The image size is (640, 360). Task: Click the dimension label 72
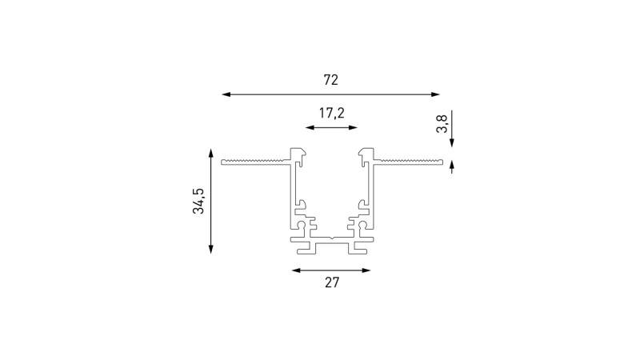[331, 80]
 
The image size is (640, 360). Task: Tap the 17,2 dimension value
[331, 113]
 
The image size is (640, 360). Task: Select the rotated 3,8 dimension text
[442, 124]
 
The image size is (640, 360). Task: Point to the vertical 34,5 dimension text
[198, 201]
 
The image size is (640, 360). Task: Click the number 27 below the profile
[332, 282]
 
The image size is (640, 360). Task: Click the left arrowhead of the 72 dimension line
[226, 94]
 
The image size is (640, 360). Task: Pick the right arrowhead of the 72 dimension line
[435, 94]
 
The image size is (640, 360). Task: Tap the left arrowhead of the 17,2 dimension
[310, 128]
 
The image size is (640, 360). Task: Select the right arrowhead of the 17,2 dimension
[353, 128]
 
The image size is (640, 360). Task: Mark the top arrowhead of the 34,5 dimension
[211, 153]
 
